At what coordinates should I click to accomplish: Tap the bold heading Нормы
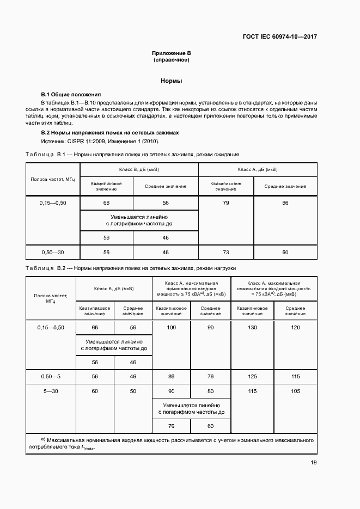point(171,81)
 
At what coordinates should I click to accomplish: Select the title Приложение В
point(171,53)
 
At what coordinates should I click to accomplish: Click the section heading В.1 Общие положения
point(71,94)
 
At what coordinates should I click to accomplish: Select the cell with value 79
point(226,203)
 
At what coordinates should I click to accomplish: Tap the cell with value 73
point(226,253)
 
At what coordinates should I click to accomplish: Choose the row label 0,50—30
point(52,253)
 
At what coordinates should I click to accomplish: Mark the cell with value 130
point(252,327)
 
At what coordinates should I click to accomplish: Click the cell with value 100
point(172,327)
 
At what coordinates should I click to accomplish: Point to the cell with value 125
point(252,377)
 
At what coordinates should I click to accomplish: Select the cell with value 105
point(296,391)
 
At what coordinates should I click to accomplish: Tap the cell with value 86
point(172,377)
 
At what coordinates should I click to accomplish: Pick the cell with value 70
point(172,426)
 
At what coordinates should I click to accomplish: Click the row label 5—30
point(51,391)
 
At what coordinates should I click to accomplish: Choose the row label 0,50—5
point(51,377)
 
